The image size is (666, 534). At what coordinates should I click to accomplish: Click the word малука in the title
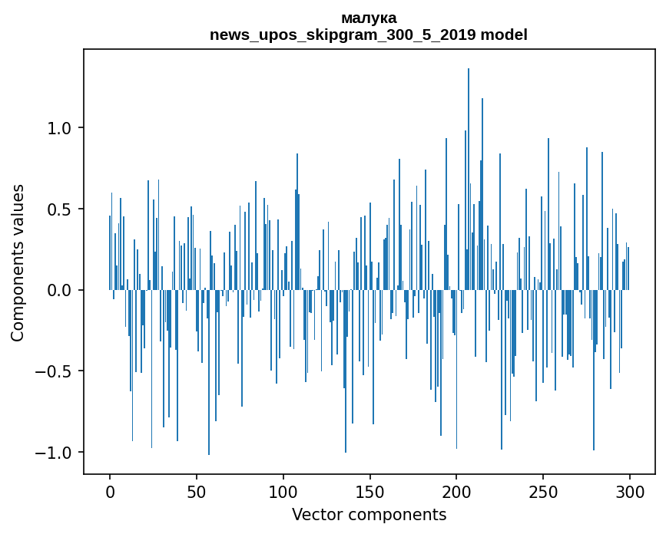pyautogui.click(x=369, y=18)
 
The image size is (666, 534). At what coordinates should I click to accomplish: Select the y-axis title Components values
pyautogui.click(x=18, y=262)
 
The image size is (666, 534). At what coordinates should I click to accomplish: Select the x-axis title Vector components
pyautogui.click(x=369, y=515)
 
